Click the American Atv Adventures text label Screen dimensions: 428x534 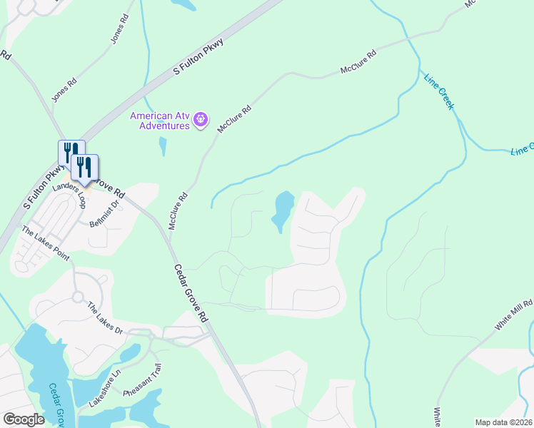(x=161, y=121)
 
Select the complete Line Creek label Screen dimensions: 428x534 (x=439, y=91)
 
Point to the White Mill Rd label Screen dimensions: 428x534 (x=513, y=315)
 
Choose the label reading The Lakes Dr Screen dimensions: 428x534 (x=106, y=319)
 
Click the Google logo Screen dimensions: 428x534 (x=24, y=419)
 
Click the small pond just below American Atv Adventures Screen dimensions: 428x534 (x=163, y=146)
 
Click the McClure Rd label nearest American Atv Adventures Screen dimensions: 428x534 (x=235, y=118)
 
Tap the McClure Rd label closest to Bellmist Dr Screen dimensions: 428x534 (x=178, y=210)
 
